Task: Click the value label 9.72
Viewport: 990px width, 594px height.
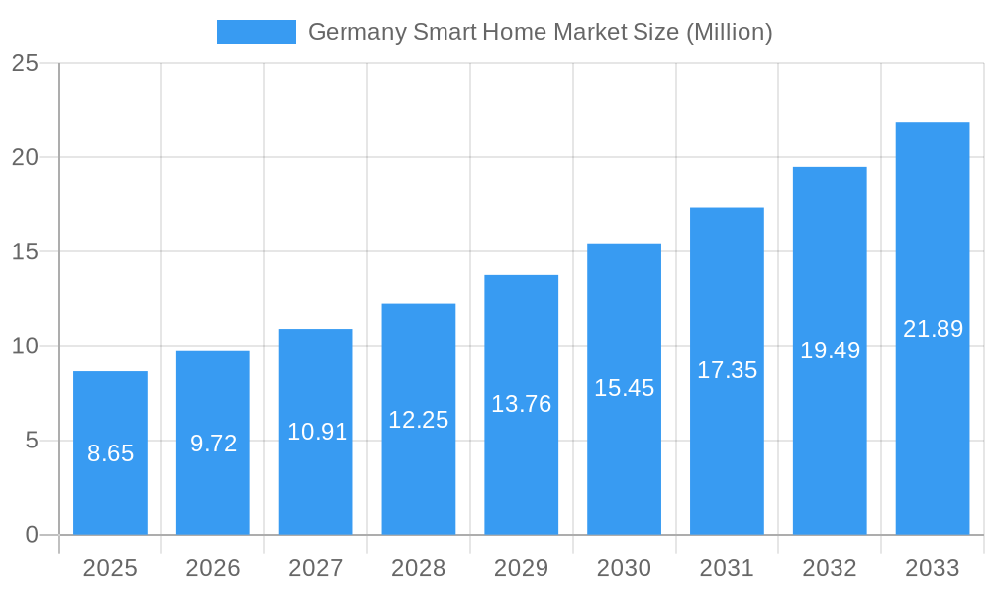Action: coord(213,444)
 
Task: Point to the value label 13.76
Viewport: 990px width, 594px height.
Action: coord(521,404)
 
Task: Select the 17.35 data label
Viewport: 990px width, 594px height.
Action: coord(727,370)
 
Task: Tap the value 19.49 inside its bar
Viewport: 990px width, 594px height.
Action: coord(830,350)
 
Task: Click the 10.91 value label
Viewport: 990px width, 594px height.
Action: coord(317,432)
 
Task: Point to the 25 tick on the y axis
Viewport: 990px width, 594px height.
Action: coord(25,64)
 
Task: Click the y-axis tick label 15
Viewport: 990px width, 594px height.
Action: coord(25,252)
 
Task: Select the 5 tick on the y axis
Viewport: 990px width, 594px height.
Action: coord(31,441)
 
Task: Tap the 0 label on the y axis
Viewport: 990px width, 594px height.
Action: coord(31,535)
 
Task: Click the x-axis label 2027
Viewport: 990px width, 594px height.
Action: coord(316,568)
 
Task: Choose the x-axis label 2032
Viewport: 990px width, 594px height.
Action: coord(830,568)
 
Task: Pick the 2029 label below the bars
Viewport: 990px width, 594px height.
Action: coord(521,568)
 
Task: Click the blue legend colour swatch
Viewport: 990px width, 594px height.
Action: coord(255,32)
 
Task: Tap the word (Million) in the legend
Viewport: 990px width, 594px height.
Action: coord(729,32)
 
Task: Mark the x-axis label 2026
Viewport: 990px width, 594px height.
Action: coord(213,568)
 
